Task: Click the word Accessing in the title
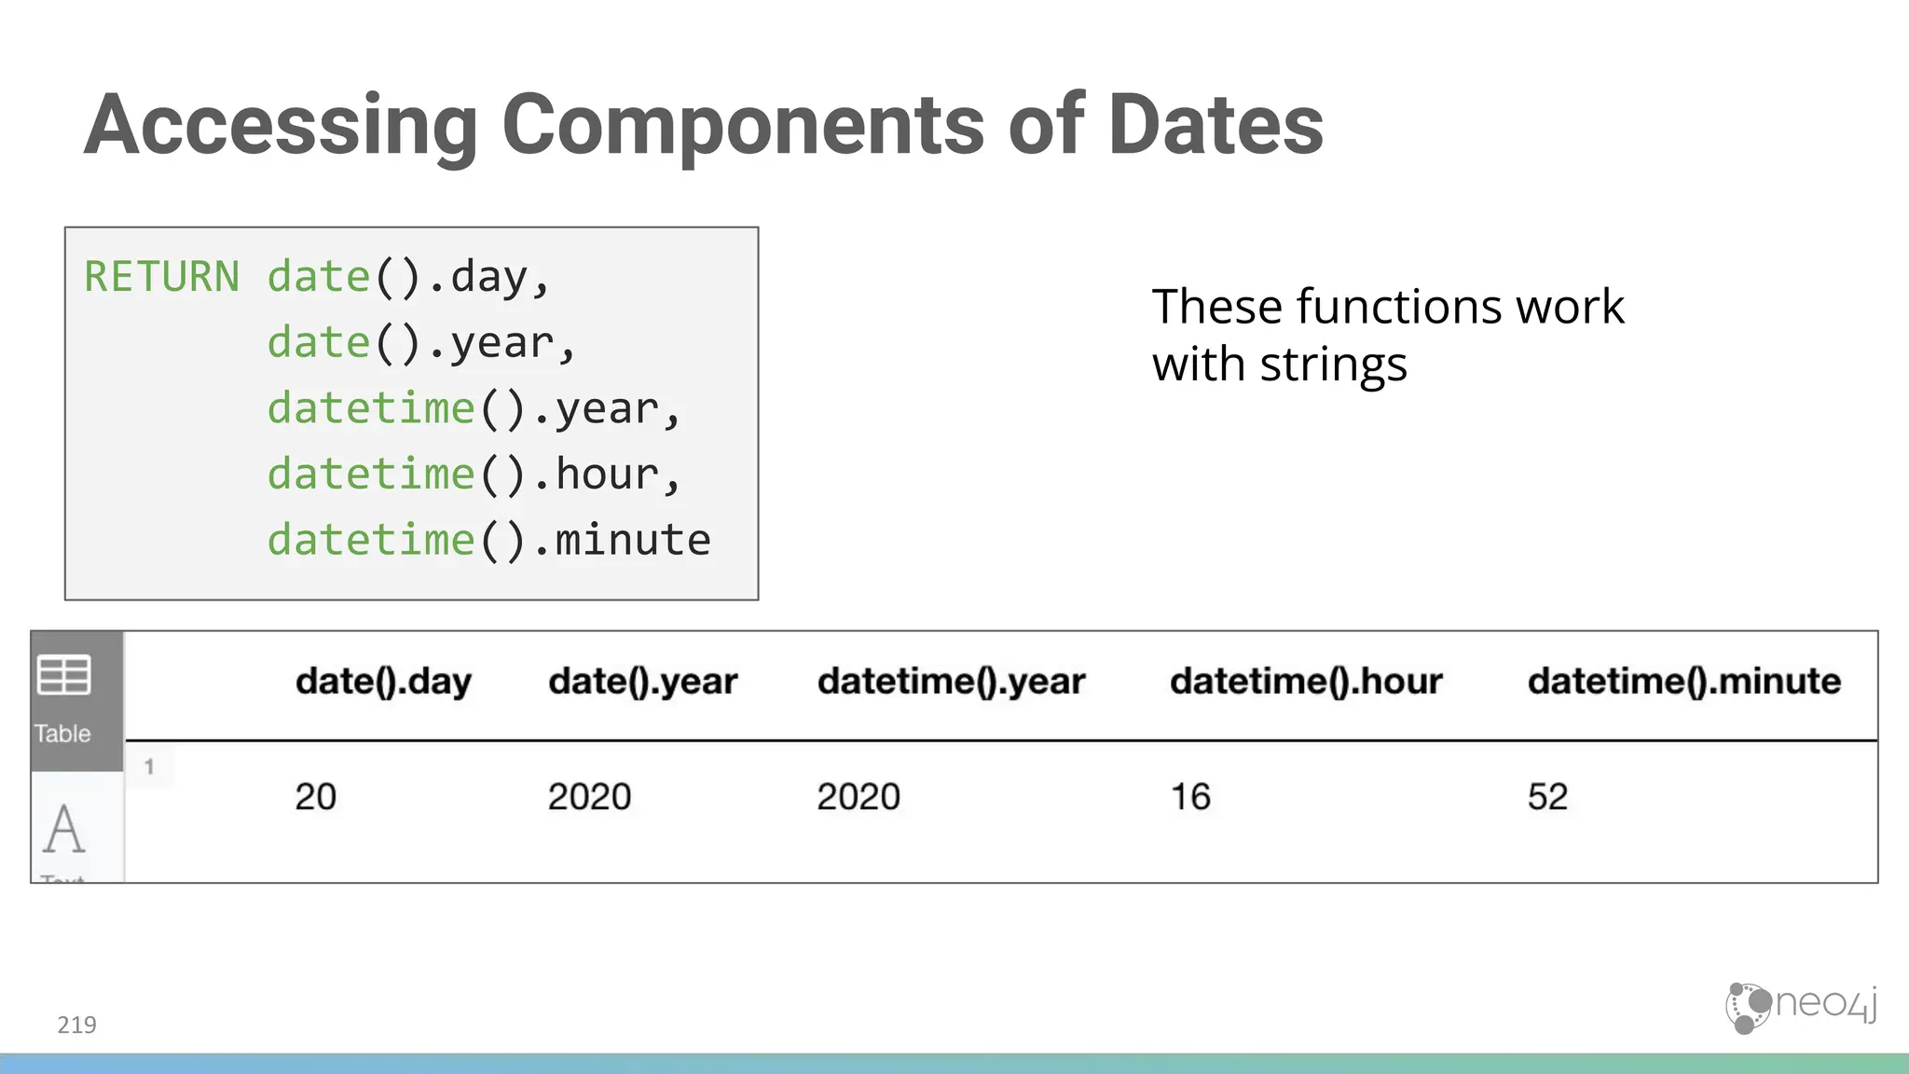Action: pyautogui.click(x=280, y=126)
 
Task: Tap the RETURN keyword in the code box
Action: pyautogui.click(x=161, y=277)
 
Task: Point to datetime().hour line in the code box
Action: pyautogui.click(x=474, y=475)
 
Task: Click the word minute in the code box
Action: pyautogui.click(x=634, y=541)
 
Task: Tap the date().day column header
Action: pyautogui.click(x=383, y=682)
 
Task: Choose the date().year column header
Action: pyautogui.click(x=642, y=682)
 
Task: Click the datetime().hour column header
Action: pyautogui.click(x=1305, y=682)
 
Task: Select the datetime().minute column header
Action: pyautogui.click(x=1683, y=682)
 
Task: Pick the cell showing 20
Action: pyautogui.click(x=315, y=797)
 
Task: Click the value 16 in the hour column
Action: pyautogui.click(x=1190, y=797)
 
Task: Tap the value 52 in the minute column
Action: pyautogui.click(x=1547, y=797)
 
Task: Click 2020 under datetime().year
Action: pyautogui.click(x=858, y=797)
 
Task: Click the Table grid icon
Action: pyautogui.click(x=64, y=675)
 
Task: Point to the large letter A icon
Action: pyautogui.click(x=63, y=829)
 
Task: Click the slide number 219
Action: pyautogui.click(x=76, y=1025)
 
